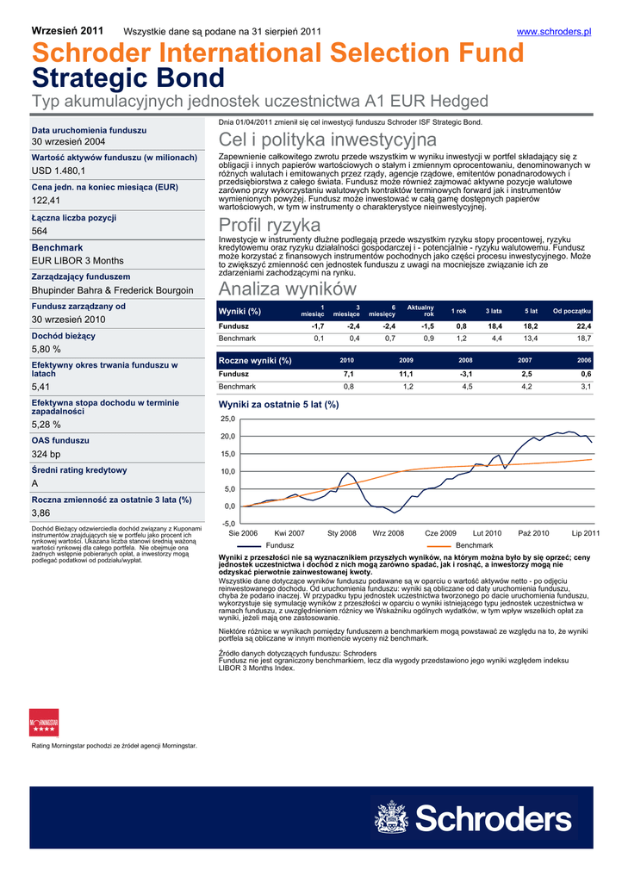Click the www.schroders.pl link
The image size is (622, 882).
[553, 32]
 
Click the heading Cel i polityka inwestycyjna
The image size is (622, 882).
[328, 140]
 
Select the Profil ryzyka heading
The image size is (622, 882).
[270, 225]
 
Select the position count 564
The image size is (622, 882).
[40, 231]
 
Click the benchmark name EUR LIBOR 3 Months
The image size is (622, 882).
[78, 260]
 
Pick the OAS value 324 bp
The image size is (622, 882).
[47, 454]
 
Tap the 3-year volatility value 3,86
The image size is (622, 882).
[41, 512]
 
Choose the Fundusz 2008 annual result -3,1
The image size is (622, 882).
[466, 375]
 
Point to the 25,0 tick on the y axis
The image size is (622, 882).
[228, 419]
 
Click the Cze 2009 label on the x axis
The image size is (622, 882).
[440, 534]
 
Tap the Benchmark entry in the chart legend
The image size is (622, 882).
[474, 546]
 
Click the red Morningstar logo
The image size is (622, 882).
[44, 722]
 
